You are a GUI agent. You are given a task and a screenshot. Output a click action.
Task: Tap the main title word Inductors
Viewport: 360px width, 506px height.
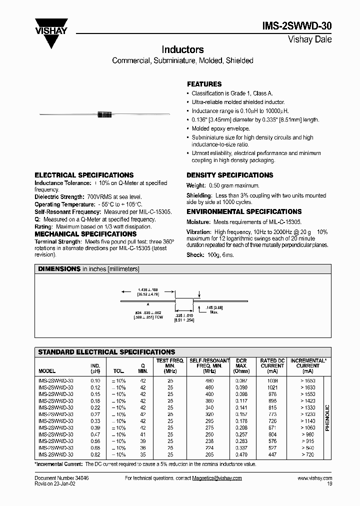point(182,49)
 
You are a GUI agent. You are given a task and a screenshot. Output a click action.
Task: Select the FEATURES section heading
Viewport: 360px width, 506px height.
point(204,84)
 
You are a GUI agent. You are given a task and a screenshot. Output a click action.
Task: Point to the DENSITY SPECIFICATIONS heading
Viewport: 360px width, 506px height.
point(229,175)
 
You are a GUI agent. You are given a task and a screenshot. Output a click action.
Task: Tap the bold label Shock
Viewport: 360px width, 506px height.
point(195,255)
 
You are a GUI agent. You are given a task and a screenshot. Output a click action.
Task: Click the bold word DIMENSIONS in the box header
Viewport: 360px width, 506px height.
point(59,269)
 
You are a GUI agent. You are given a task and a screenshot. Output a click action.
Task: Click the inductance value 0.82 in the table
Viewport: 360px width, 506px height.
point(95,455)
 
